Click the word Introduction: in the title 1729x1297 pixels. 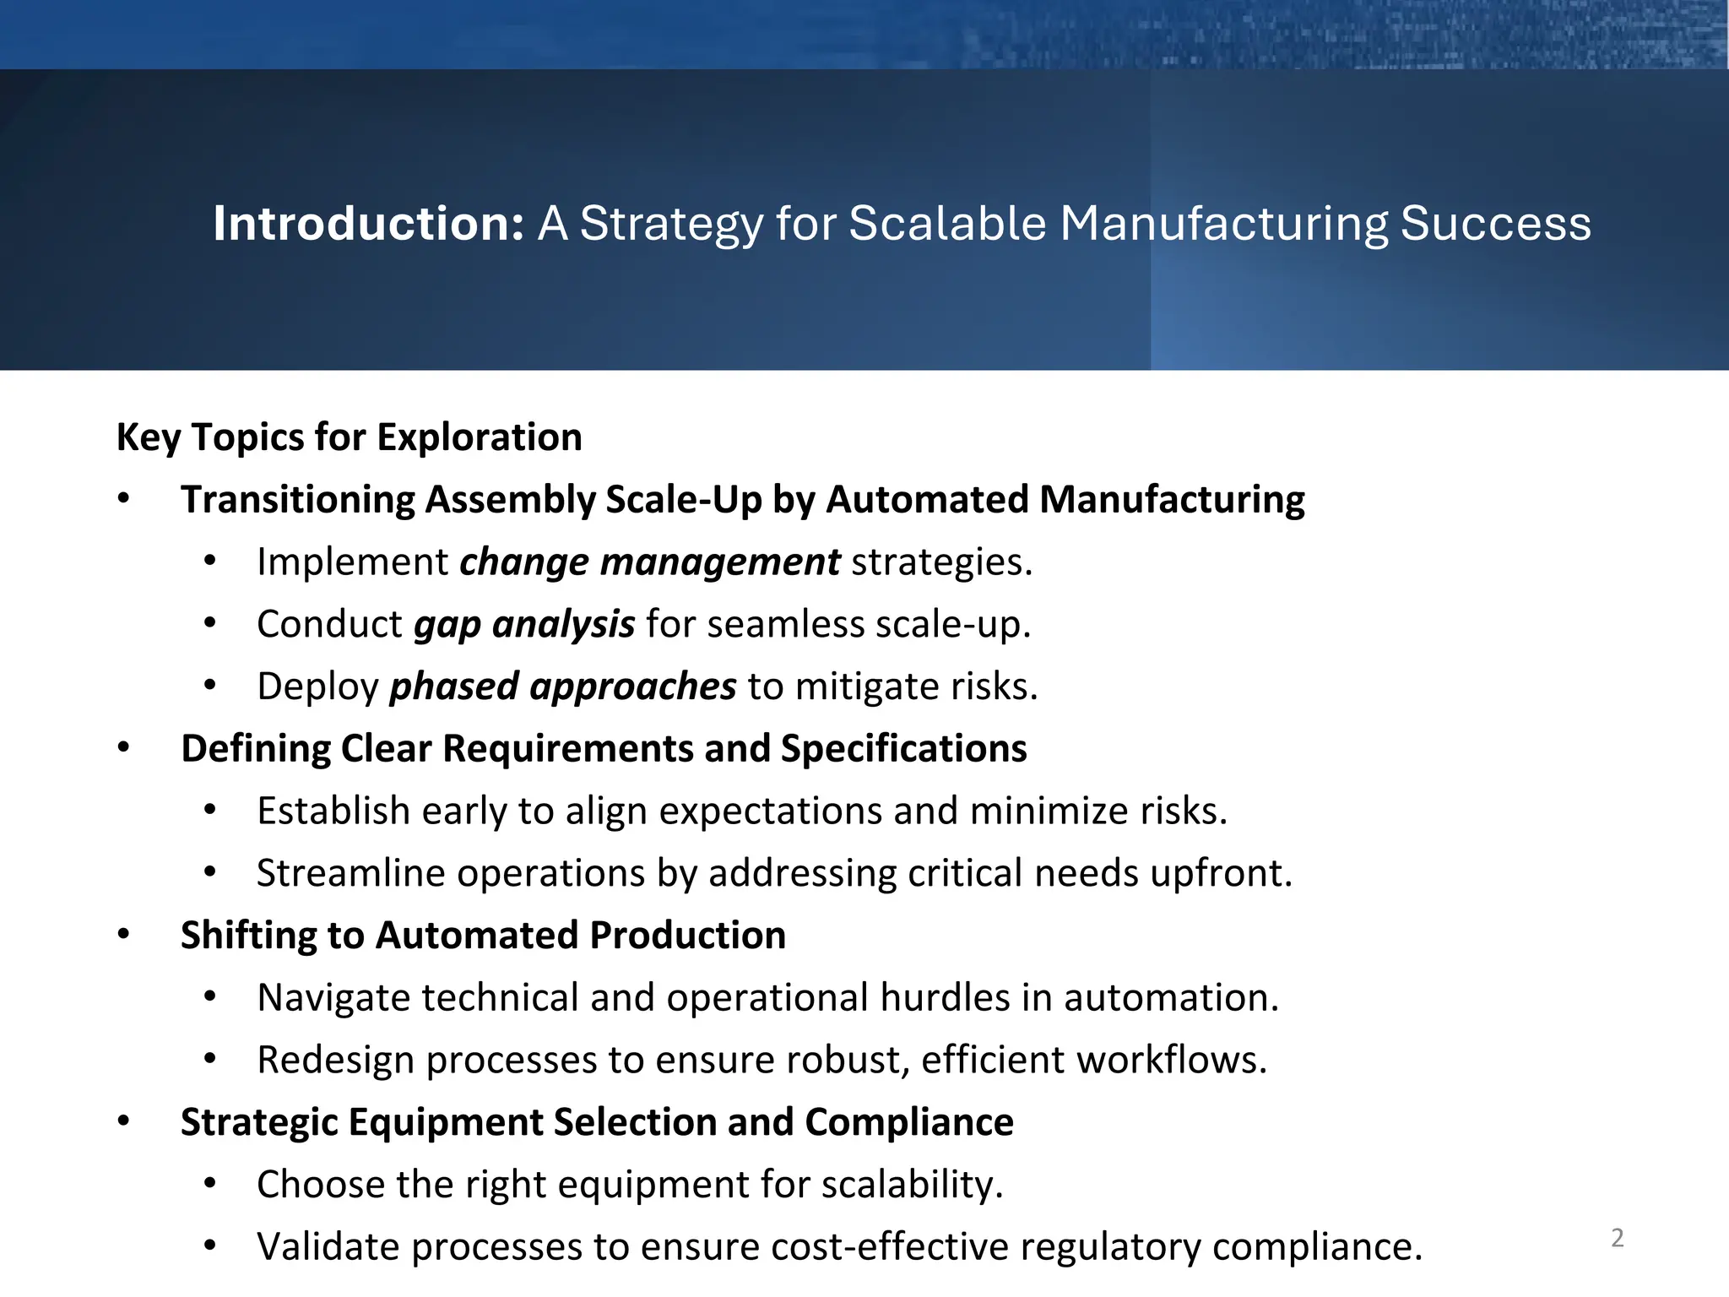(368, 224)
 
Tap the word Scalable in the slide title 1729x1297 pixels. (947, 224)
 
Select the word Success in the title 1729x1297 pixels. (1495, 224)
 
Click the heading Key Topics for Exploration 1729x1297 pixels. (349, 437)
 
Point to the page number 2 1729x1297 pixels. (1617, 1238)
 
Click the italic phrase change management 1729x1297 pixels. (649, 562)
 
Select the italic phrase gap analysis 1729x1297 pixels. (523, 625)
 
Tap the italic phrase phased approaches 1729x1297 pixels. (562, 686)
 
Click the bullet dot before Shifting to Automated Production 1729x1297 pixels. (124, 935)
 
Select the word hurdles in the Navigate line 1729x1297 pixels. (945, 998)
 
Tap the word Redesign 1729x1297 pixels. (335, 1061)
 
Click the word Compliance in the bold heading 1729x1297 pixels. (908, 1122)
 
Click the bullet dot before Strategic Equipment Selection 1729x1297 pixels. (124, 1121)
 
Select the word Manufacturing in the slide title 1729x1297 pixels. (1223, 224)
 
